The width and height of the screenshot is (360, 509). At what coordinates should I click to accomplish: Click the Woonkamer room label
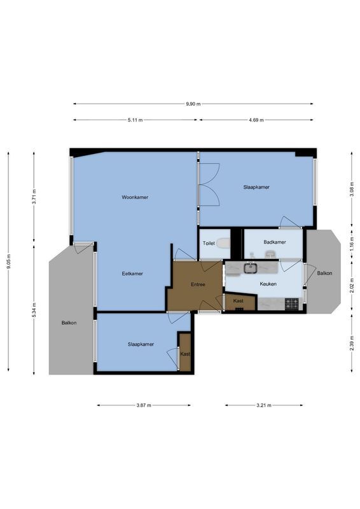coord(135,197)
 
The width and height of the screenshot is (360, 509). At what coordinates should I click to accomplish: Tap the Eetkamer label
coord(132,274)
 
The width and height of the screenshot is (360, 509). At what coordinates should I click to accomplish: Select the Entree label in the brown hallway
coord(197,284)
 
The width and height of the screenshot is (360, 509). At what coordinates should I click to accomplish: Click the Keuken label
coord(268,284)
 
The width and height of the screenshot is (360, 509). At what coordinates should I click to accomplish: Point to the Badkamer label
coord(274,242)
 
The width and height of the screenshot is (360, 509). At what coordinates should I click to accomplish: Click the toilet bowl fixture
coord(223,243)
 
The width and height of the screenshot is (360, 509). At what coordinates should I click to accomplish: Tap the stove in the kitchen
coord(292,305)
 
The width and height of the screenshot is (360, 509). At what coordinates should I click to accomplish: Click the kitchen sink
coord(251,268)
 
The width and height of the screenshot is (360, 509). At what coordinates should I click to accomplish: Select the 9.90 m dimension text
coord(193,104)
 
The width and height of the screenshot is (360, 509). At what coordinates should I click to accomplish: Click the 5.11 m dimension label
coord(135,120)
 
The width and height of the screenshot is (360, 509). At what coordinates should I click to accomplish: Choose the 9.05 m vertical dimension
coord(9,261)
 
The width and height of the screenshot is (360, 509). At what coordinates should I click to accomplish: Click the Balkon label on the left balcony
coord(69,323)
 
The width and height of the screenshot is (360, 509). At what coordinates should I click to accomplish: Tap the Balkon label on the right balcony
coord(324,273)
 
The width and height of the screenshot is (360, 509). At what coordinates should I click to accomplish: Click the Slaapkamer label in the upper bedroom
coord(256,187)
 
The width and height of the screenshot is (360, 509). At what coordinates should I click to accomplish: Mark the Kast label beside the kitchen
coord(239,300)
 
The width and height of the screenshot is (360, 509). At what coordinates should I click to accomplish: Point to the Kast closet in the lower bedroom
coord(185,354)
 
